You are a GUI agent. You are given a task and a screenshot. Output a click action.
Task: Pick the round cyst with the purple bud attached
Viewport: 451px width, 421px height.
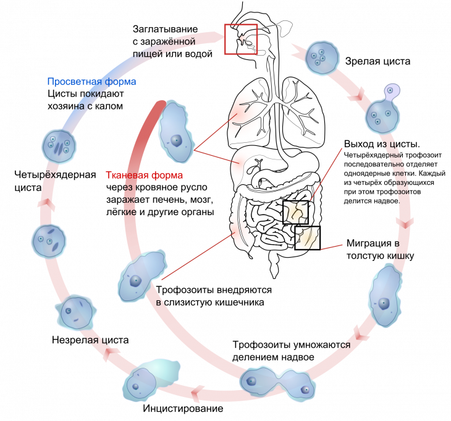383,117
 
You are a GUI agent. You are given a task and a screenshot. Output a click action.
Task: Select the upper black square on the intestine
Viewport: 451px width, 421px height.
295,212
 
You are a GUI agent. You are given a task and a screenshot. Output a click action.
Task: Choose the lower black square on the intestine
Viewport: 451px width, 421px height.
307,237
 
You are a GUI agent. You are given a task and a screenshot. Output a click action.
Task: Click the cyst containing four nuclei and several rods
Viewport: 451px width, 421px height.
59,146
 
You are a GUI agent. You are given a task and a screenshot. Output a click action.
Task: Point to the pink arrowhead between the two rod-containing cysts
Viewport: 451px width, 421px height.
43,203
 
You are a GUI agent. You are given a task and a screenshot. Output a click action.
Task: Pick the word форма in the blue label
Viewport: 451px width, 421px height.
122,82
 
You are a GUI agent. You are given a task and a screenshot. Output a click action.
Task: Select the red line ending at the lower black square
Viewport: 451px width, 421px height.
331,247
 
